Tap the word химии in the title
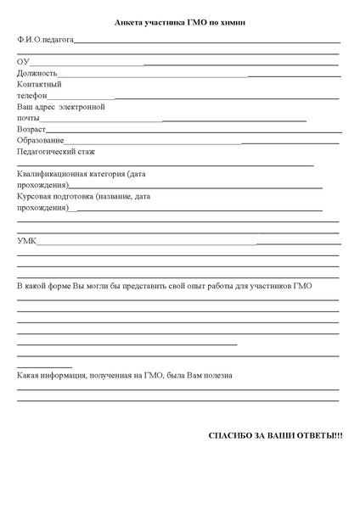tap(233, 24)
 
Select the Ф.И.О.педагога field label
tap(45, 40)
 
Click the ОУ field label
tap(23, 62)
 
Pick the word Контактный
tap(39, 85)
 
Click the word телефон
tap(31, 97)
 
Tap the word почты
tap(28, 120)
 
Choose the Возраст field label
tap(31, 131)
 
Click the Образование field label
tap(40, 141)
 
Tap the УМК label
tap(26, 242)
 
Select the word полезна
tap(216, 375)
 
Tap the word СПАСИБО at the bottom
tap(228, 435)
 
